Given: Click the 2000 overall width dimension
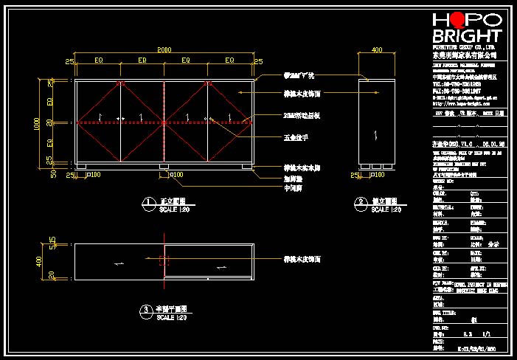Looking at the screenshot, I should pyautogui.click(x=164, y=50).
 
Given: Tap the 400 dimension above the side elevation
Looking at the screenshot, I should pyautogui.click(x=377, y=50).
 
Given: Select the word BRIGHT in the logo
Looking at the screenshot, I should pyautogui.click(x=467, y=36).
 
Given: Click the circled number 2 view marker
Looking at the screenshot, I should pyautogui.click(x=361, y=201).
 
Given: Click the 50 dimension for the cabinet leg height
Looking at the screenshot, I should pyautogui.click(x=51, y=174).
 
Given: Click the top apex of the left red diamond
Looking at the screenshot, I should pyautogui.click(x=120, y=81).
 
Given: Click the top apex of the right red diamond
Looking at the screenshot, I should pyautogui.click(x=208, y=81).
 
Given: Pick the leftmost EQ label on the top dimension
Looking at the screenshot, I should pyautogui.click(x=99, y=60).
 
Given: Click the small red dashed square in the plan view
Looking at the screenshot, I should pyautogui.click(x=163, y=260).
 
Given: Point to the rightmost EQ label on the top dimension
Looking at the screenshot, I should pyautogui.click(x=229, y=60).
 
